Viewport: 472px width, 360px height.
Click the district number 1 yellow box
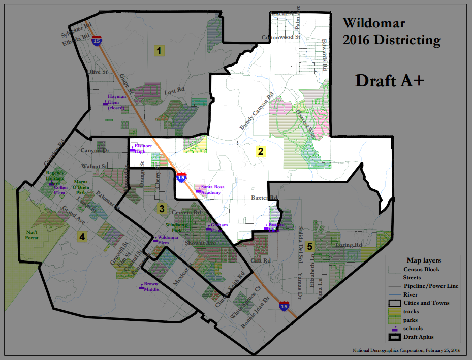point(159,51)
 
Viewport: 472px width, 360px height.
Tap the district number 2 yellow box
point(260,151)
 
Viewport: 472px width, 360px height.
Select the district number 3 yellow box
point(162,208)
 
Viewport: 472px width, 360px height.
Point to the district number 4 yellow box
point(81,236)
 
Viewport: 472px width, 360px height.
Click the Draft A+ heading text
point(389,80)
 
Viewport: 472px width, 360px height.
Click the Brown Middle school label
point(151,286)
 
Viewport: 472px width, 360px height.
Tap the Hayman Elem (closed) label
point(116,102)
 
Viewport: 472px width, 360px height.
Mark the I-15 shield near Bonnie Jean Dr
point(284,306)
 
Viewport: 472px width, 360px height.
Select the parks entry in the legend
point(411,320)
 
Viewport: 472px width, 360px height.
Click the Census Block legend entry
point(421,269)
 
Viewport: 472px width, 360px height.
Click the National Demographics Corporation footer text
point(406,350)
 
